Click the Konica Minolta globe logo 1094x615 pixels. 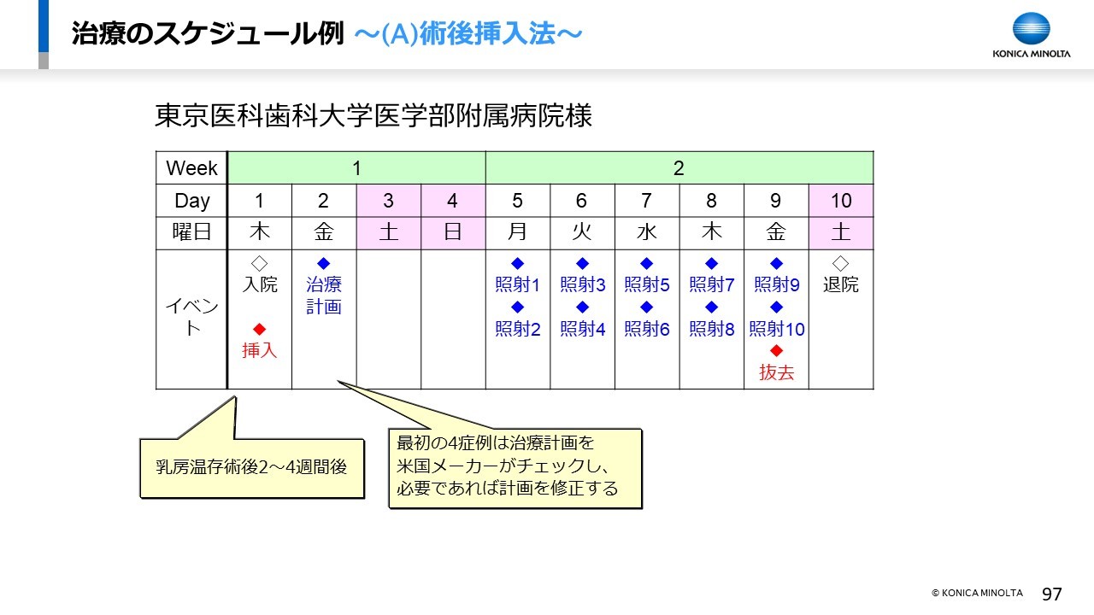1031,28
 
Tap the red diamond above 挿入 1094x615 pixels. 259,329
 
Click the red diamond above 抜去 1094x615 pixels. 776,350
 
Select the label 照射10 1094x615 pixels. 777,329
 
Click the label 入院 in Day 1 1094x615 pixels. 259,284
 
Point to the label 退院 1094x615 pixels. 840,284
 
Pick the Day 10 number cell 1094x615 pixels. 841,201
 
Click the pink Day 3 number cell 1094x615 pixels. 389,201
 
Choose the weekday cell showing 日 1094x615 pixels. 453,233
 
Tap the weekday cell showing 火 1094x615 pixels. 582,233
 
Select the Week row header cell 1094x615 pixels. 191,168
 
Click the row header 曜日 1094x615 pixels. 191,231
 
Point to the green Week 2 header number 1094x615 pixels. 679,168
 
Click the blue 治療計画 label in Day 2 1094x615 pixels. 324,296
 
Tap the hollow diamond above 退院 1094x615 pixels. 840,263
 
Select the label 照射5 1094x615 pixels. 647,284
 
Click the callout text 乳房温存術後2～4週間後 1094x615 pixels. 251,467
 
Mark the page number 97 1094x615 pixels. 1051,594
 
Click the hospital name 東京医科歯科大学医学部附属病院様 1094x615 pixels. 373,116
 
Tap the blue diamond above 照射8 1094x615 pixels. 712,307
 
